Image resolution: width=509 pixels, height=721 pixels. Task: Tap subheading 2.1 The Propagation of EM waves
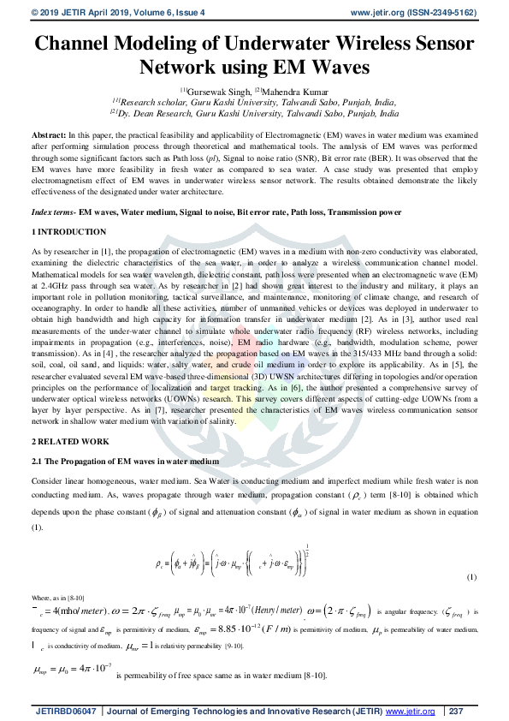pos(125,462)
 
